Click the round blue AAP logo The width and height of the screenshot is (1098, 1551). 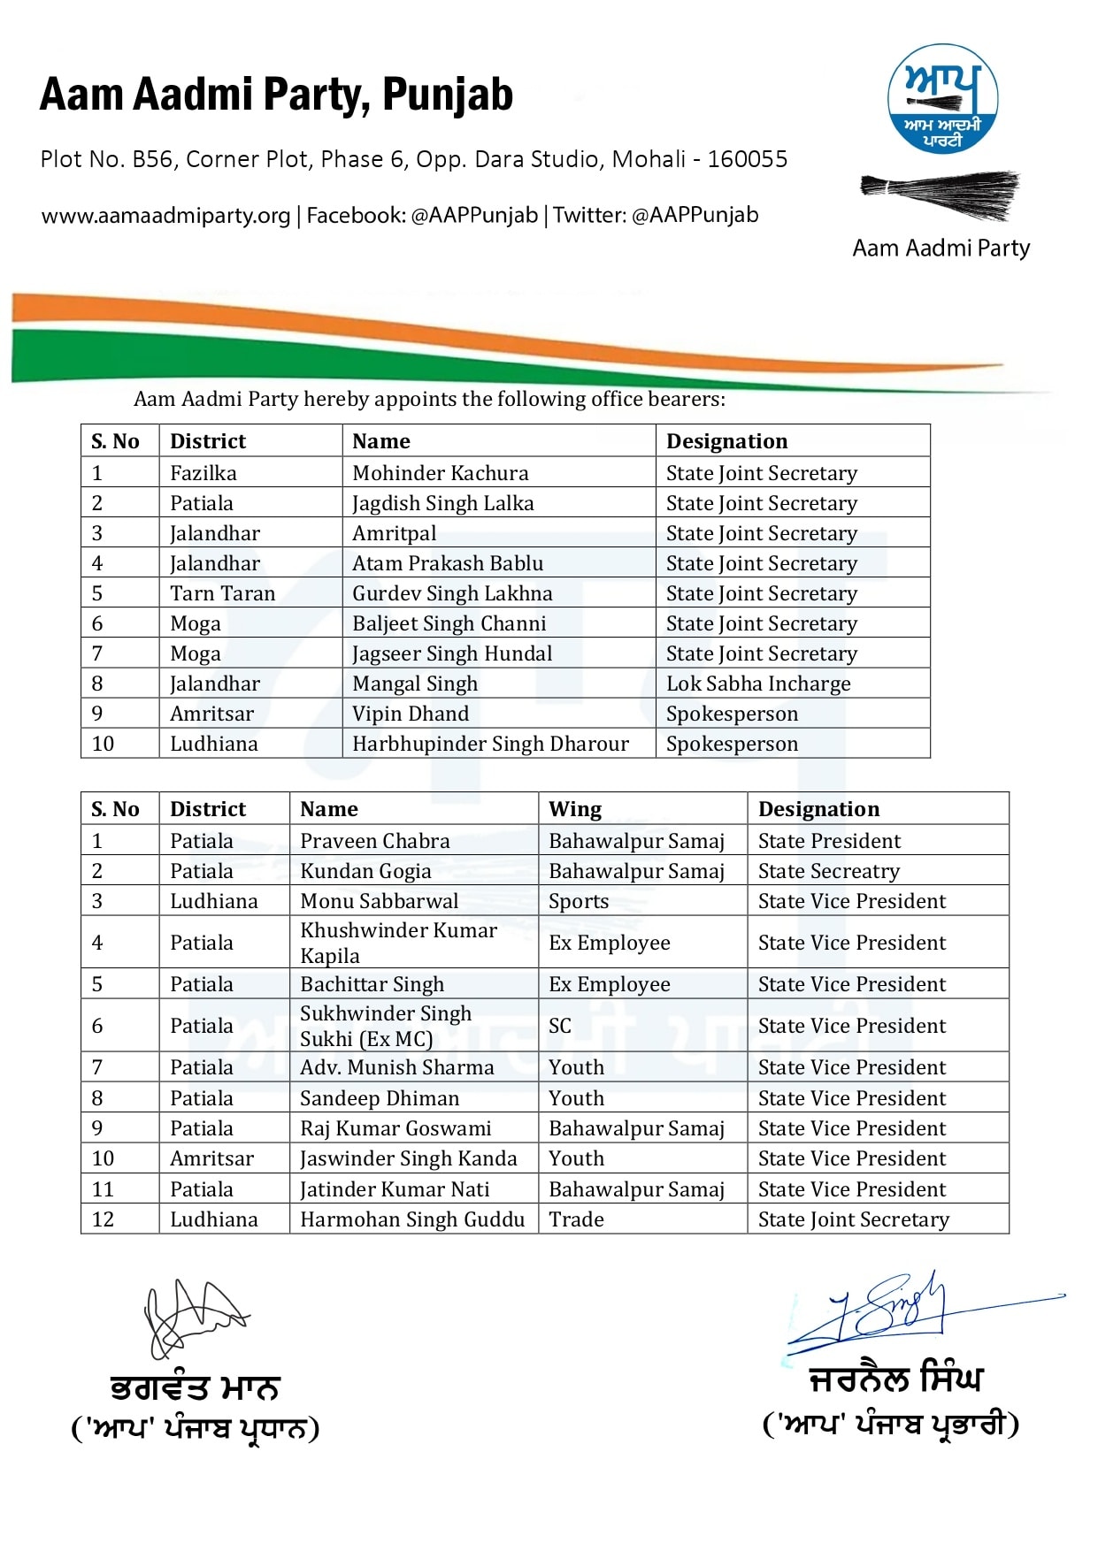(x=942, y=99)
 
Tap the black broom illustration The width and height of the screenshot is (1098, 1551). (x=941, y=194)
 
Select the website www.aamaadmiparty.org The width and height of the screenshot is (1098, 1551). (x=165, y=216)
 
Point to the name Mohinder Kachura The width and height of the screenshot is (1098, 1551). (x=440, y=473)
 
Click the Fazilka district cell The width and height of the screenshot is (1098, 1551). (x=203, y=473)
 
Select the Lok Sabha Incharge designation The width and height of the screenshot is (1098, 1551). (x=758, y=684)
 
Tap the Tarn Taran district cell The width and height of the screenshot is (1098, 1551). (x=222, y=593)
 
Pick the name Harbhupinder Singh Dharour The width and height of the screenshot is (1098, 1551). (x=490, y=744)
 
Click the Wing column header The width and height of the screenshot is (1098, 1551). (x=575, y=809)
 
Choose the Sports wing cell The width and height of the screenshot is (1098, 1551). (x=579, y=901)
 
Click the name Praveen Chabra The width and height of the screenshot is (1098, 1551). (x=375, y=841)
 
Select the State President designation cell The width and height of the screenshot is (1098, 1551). (x=829, y=841)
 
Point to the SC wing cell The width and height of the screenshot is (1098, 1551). (x=560, y=1026)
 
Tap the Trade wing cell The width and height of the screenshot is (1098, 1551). (x=576, y=1219)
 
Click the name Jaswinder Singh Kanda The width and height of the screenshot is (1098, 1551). (x=408, y=1158)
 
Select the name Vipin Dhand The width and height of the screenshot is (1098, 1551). (x=411, y=714)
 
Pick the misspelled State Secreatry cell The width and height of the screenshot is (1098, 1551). (x=828, y=871)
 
